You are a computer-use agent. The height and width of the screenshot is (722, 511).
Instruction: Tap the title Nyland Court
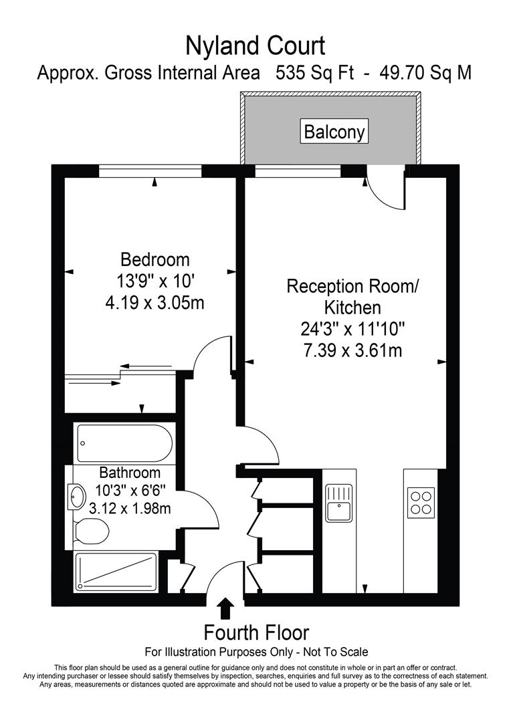255,46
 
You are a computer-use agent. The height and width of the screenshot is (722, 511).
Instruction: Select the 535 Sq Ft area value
315,73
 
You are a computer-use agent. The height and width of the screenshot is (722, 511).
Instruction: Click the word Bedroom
155,259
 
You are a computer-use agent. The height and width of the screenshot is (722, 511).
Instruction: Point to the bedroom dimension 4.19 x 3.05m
155,303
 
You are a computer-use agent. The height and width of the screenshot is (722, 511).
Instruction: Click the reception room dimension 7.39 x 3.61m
352,351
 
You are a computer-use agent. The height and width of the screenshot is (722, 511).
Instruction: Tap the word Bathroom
130,473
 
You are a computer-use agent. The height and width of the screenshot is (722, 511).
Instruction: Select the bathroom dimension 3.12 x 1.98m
130,508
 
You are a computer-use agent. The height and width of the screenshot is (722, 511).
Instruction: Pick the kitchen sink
339,502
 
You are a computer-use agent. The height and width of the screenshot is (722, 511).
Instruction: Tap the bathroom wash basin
76,497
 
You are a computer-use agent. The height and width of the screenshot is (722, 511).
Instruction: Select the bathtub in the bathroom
125,443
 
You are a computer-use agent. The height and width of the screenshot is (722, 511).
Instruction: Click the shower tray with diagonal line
116,572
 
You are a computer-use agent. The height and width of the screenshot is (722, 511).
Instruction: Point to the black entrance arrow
225,608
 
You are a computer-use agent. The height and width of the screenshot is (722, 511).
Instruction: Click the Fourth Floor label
256,632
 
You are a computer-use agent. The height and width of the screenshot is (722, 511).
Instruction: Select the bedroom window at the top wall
150,171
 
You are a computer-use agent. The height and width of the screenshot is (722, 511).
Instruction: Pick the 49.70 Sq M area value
425,73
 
